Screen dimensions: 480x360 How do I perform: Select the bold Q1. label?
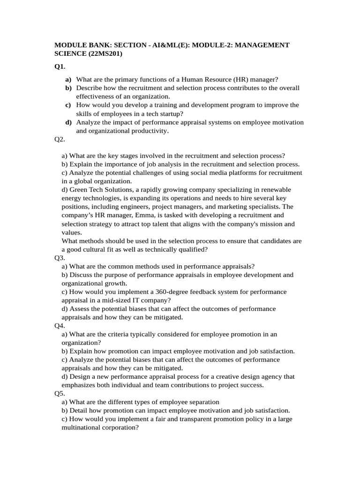[60, 67]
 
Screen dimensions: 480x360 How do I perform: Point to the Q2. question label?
[60, 139]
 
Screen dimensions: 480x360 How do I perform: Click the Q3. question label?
[60, 258]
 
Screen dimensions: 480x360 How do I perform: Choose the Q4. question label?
[60, 326]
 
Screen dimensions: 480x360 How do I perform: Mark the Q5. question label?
[60, 394]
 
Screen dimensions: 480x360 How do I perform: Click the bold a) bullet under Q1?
[68, 80]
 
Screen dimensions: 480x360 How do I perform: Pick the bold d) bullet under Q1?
[68, 122]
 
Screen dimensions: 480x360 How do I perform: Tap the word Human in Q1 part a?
[193, 80]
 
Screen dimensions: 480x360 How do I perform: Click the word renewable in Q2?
[275, 189]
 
